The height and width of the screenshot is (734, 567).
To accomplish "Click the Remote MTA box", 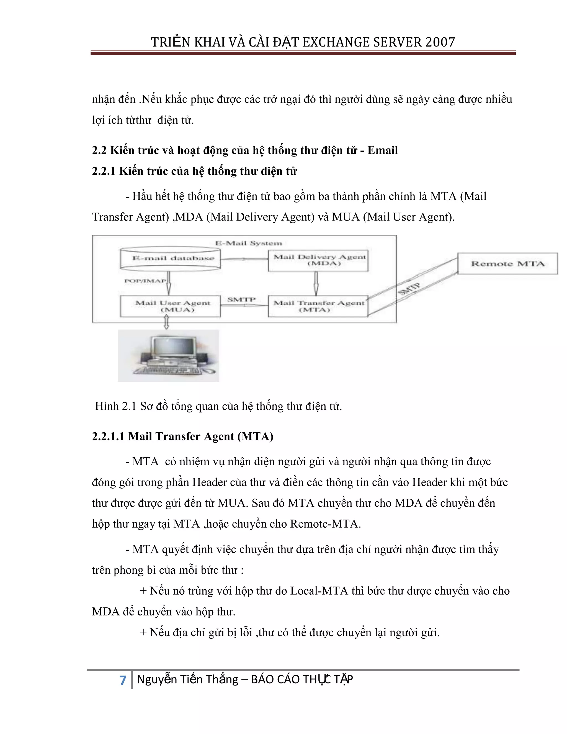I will click(x=507, y=264).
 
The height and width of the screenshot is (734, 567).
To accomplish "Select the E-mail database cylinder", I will click(x=170, y=258).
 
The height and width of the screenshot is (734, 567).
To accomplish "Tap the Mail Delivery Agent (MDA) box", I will click(x=318, y=260).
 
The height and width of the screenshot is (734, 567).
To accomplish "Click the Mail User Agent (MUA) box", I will click(x=170, y=306).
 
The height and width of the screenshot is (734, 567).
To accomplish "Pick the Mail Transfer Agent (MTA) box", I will click(x=318, y=306).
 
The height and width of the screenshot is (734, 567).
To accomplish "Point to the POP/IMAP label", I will click(x=145, y=281).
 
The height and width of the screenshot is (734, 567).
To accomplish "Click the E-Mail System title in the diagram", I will click(x=249, y=243).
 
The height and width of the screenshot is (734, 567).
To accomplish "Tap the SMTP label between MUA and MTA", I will click(x=241, y=299).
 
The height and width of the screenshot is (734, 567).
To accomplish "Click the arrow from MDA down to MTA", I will click(x=316, y=283).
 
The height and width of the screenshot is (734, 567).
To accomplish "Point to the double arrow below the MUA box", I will click(x=166, y=322).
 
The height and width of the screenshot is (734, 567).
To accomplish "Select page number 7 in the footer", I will click(x=123, y=680).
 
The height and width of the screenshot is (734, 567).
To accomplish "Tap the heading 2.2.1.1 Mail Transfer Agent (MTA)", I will click(x=182, y=436).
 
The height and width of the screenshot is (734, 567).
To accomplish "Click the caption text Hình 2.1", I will click(x=115, y=406).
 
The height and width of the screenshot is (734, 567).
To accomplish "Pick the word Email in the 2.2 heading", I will click(x=382, y=150).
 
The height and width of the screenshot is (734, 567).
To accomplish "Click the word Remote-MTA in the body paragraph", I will click(x=325, y=523).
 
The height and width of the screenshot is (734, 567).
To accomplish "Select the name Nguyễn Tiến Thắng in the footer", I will click(x=187, y=679).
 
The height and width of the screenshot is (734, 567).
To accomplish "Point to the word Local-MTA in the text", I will click(x=319, y=591).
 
